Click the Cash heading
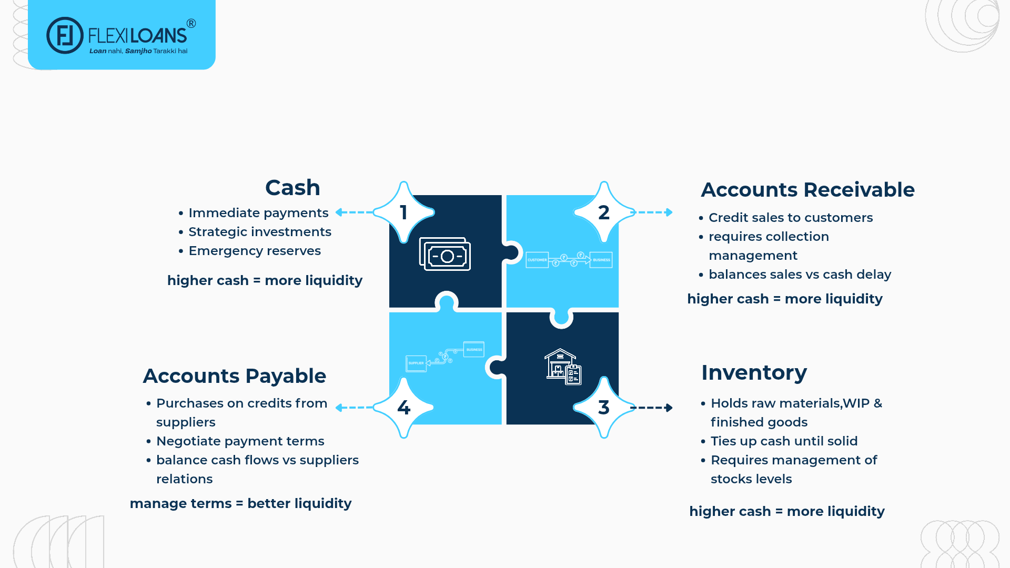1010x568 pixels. (292, 188)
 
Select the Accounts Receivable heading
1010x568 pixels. (807, 190)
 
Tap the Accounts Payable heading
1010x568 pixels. (235, 376)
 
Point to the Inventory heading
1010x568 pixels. (754, 373)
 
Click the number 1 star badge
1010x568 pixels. (403, 212)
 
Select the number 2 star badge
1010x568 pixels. (604, 212)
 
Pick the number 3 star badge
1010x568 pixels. (604, 408)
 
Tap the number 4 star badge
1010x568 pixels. (403, 408)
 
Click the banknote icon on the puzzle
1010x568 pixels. (445, 255)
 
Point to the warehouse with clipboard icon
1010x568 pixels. (562, 367)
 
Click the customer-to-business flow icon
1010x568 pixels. (569, 259)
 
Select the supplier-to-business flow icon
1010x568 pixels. (445, 357)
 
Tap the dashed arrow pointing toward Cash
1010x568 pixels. (354, 212)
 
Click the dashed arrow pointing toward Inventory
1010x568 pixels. (652, 408)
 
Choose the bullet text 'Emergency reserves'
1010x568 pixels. (255, 251)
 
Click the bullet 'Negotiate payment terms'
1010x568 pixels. (240, 441)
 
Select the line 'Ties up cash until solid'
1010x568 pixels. (784, 441)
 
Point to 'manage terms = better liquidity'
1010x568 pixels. (240, 503)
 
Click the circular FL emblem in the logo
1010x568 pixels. (65, 36)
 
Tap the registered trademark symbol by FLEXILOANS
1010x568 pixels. (191, 24)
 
